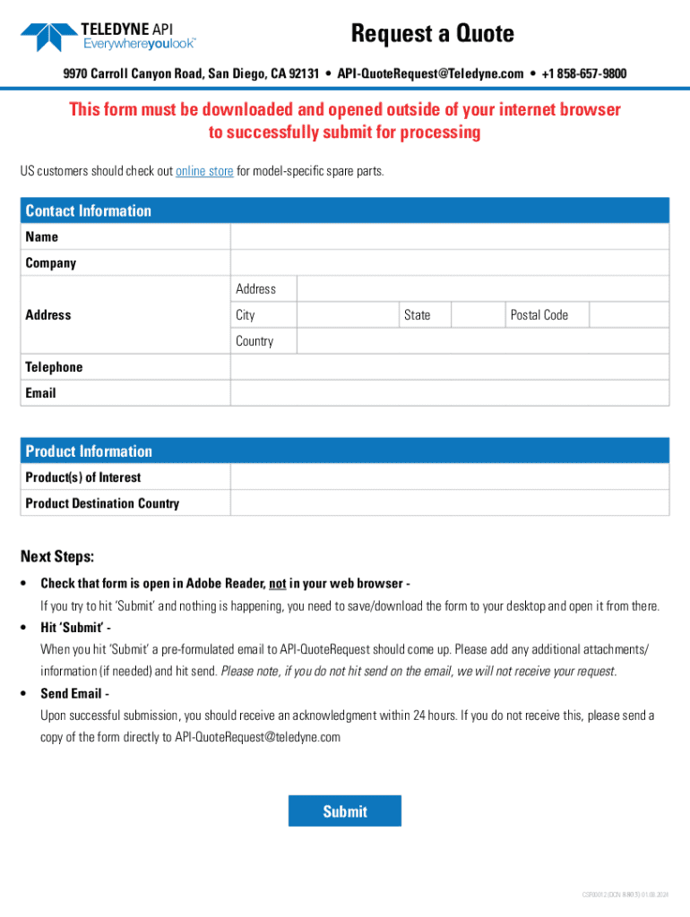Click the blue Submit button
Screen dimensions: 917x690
coord(344,810)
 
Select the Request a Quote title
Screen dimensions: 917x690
coord(432,34)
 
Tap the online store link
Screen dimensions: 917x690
coord(204,171)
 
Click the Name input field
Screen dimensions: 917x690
coord(449,236)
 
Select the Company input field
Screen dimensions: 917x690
coord(449,262)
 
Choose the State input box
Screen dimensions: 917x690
coord(476,314)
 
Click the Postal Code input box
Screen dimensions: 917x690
coord(628,314)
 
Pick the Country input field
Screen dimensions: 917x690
coord(482,341)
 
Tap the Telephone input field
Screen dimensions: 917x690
coord(449,367)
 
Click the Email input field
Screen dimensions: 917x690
coord(449,393)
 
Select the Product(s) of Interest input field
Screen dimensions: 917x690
coord(449,477)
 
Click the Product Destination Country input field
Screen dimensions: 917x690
coord(449,503)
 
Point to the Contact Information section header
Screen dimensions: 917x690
coord(89,210)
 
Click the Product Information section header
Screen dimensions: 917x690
coord(89,451)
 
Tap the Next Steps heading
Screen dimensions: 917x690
coord(57,557)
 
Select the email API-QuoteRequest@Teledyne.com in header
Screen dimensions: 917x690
coord(430,73)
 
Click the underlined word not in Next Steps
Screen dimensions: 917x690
coord(277,584)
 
